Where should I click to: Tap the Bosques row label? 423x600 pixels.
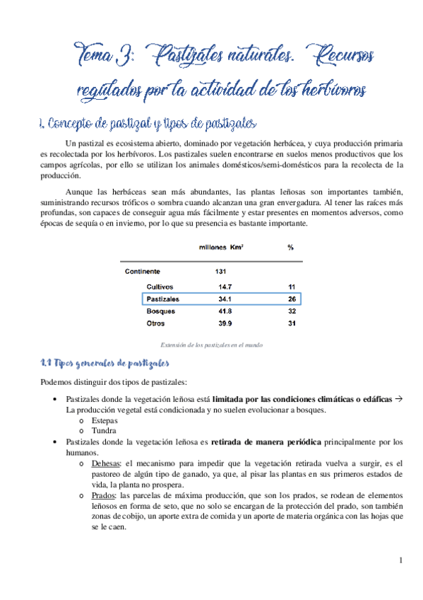click(x=160, y=311)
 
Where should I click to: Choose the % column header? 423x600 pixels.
click(x=290, y=248)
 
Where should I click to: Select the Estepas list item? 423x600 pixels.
click(x=104, y=420)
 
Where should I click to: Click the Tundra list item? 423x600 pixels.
click(x=102, y=431)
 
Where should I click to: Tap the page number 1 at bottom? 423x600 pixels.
click(x=400, y=562)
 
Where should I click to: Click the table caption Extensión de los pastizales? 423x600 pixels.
click(x=212, y=345)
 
